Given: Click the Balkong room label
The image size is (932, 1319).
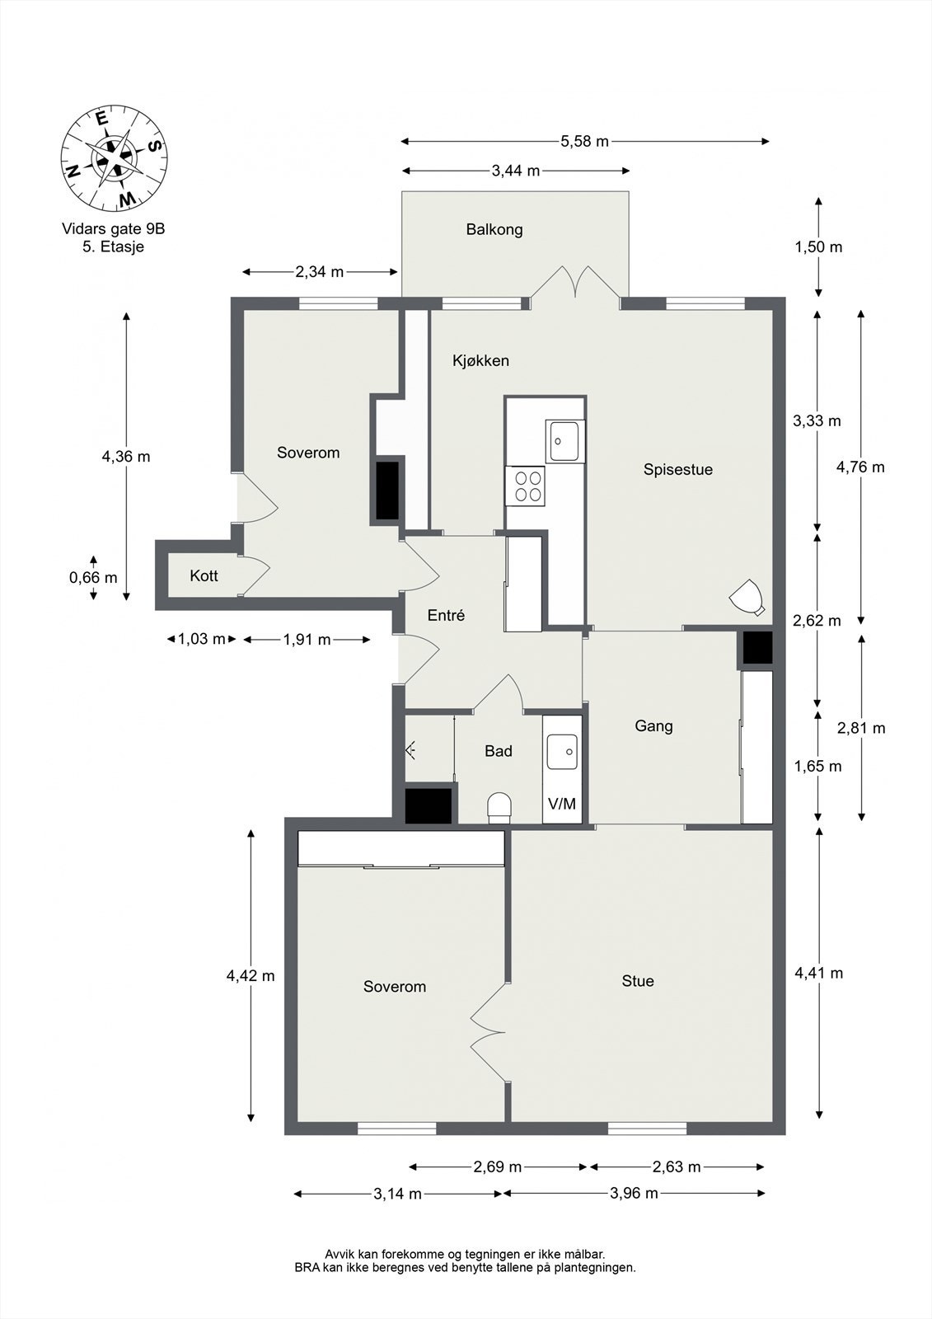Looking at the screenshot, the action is point(494,229).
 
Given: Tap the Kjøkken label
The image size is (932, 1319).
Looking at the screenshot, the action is point(480,360).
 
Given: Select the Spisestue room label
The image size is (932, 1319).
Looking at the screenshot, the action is point(677,469).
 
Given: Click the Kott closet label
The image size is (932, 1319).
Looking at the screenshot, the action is point(204,575).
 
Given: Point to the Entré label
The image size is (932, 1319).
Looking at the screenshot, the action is point(446,615).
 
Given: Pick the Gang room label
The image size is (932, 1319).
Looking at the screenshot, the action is point(653,726).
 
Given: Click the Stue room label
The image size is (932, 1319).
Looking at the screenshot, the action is point(638,981).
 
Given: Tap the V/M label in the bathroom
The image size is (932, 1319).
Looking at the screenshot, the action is point(562,804).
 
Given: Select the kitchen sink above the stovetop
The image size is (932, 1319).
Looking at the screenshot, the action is point(564,441).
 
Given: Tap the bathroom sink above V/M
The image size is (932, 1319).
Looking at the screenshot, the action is point(562,752).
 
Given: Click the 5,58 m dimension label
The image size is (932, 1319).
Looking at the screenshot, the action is point(584,141).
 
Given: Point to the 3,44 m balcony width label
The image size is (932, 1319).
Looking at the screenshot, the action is point(516,171).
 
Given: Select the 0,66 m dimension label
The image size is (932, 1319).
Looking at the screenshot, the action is point(93,578).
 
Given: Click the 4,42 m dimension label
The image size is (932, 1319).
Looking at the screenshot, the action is point(251,976).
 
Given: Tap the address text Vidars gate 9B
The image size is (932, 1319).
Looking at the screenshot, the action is point(113,228).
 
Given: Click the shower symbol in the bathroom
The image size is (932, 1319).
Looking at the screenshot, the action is point(411,750).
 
